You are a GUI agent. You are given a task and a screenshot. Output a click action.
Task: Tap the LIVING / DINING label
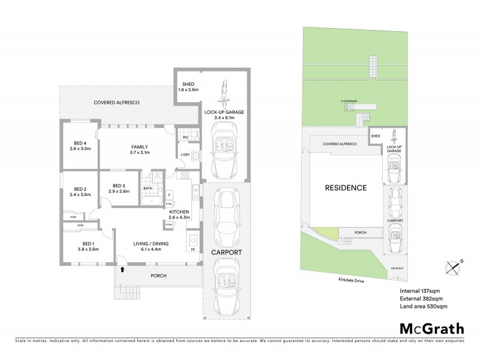click(x=147, y=244)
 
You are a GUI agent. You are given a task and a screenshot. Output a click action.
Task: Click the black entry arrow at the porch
click(x=122, y=270)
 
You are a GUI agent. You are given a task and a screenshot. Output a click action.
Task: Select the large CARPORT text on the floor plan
click(x=226, y=253)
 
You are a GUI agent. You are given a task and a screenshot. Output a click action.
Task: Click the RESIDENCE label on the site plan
click(x=345, y=188)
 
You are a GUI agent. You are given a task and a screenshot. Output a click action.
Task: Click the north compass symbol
click(x=454, y=266)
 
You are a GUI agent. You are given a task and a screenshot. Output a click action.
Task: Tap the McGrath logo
click(x=431, y=328)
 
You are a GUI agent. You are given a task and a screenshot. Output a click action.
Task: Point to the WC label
click(x=185, y=137)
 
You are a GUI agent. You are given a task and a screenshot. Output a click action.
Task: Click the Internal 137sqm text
click(x=420, y=291)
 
